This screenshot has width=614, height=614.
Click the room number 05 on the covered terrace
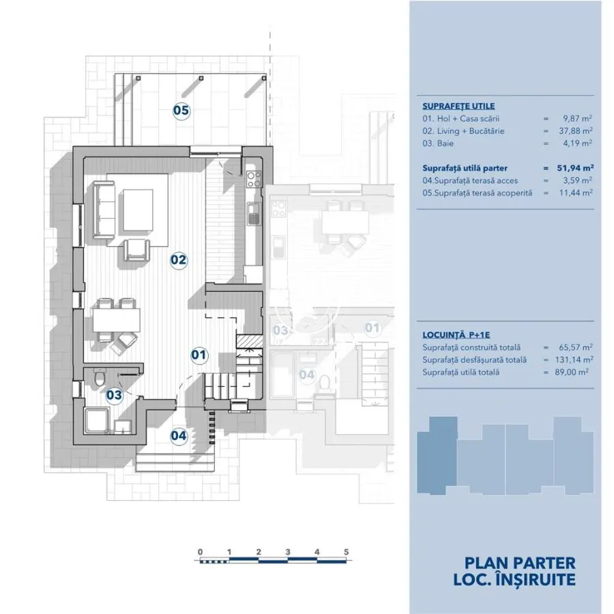point(181,111)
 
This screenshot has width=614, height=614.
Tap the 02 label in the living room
point(179,260)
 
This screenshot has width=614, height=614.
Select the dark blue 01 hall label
point(199,355)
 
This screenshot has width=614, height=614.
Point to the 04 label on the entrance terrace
point(179,435)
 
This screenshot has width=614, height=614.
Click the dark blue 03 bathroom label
point(115,395)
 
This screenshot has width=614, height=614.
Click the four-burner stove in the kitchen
point(254,179)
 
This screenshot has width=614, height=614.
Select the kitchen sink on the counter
point(254,214)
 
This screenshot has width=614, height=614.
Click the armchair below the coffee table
point(136,250)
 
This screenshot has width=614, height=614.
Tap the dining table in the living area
point(117,321)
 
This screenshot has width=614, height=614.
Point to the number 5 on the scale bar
point(346,552)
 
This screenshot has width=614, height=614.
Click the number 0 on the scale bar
point(200,552)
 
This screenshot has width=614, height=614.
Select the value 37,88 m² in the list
point(576,131)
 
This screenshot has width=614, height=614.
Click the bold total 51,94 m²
point(575,168)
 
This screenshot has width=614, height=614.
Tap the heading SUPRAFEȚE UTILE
point(458,106)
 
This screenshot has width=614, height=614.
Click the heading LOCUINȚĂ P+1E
point(456,335)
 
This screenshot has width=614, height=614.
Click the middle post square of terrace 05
point(201,78)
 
